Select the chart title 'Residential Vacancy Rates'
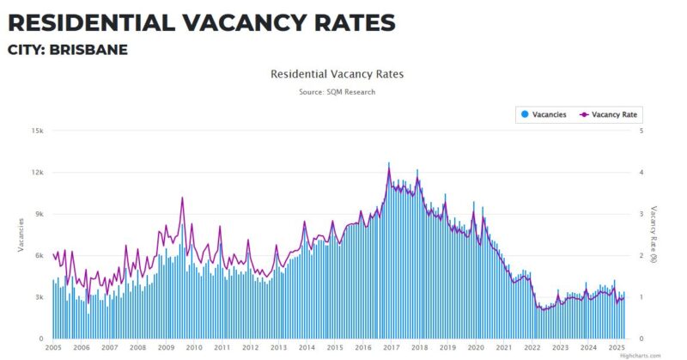pyautogui.click(x=337, y=74)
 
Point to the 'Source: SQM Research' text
pyautogui.click(x=337, y=91)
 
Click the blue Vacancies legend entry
pyautogui.click(x=544, y=114)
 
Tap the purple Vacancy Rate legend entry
pyautogui.click(x=611, y=114)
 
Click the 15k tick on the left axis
pyautogui.click(x=37, y=131)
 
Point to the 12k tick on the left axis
pyautogui.click(x=37, y=172)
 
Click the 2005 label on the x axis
pyautogui.click(x=53, y=348)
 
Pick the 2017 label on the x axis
pyautogui.click(x=391, y=348)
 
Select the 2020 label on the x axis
pyautogui.click(x=475, y=348)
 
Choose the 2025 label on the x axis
pyautogui.click(x=616, y=348)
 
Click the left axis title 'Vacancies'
pyautogui.click(x=20, y=235)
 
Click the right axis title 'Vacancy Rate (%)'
pyautogui.click(x=654, y=235)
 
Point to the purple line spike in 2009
pyautogui.click(x=182, y=198)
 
